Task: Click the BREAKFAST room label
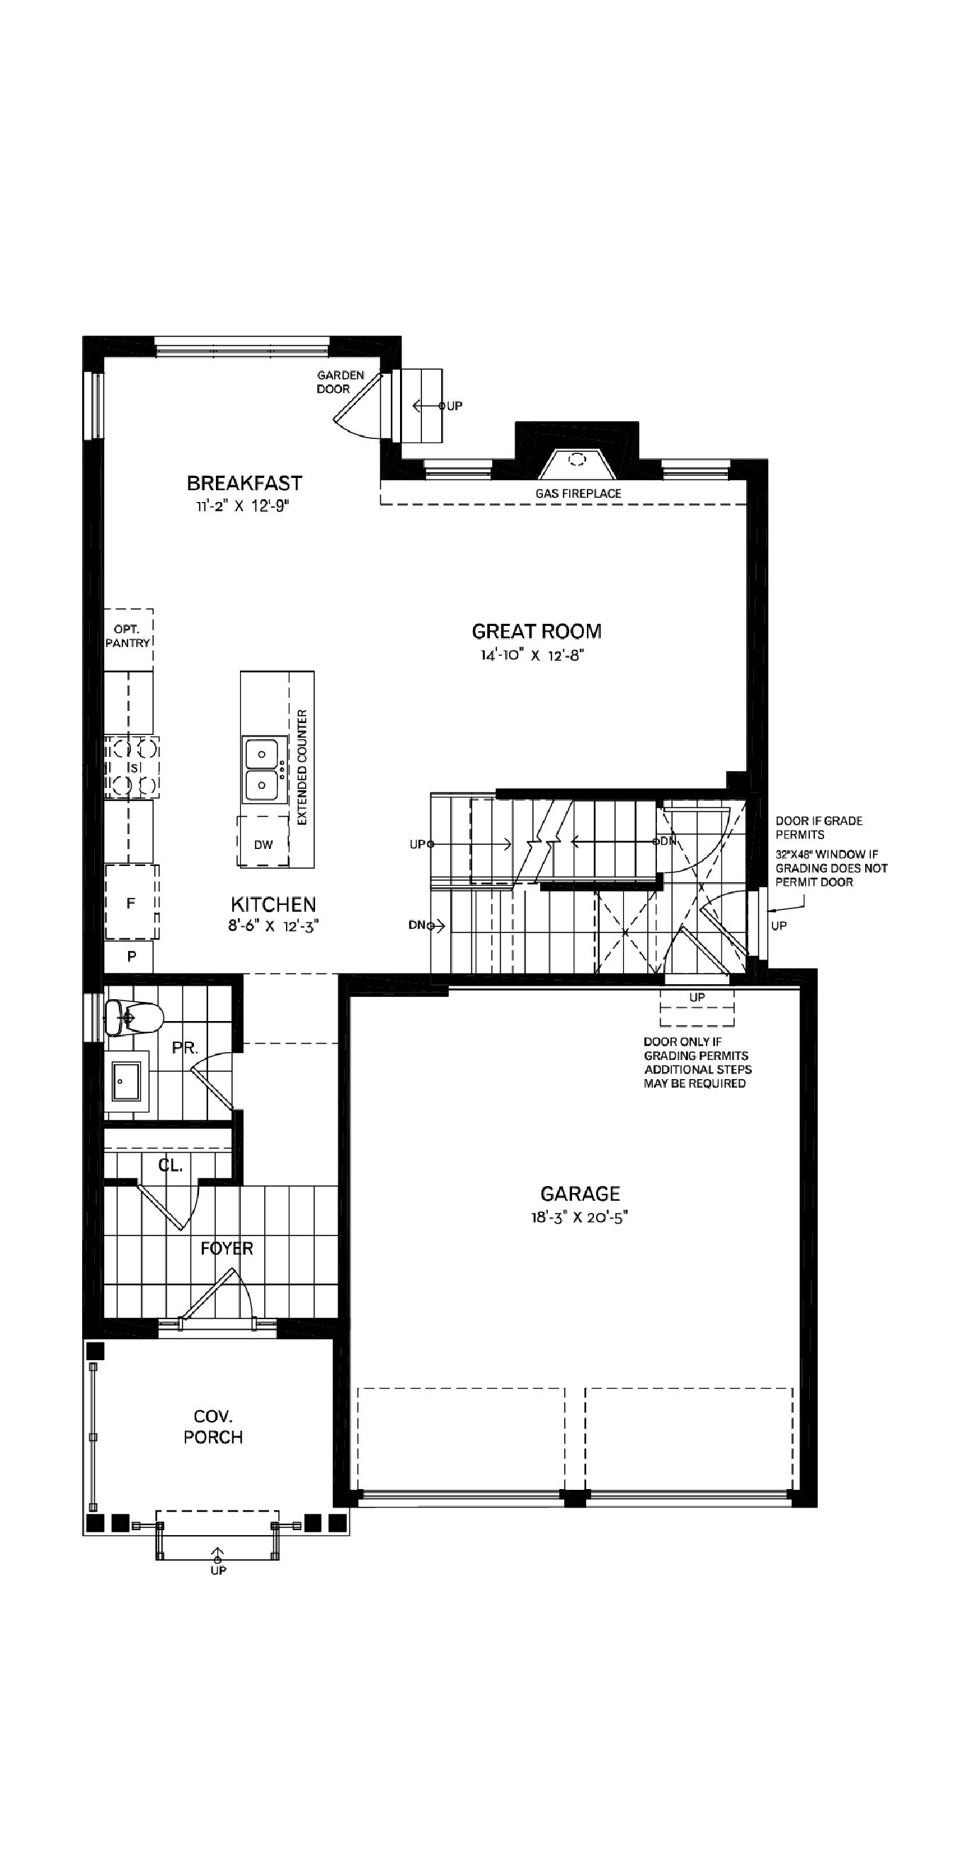244,482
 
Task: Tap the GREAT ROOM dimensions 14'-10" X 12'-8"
532,655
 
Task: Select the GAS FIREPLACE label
578,494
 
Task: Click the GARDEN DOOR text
341,382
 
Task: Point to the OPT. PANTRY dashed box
127,637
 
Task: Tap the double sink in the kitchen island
261,769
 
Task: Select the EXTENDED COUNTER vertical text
302,767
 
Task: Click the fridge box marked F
130,902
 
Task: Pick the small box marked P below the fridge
131,957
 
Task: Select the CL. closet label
170,1165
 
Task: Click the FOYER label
227,1248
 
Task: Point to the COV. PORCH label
213,1427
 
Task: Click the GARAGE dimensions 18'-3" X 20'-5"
580,1217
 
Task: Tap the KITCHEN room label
273,904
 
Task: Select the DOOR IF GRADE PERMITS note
818,827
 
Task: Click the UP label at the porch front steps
218,1571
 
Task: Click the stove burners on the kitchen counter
132,767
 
